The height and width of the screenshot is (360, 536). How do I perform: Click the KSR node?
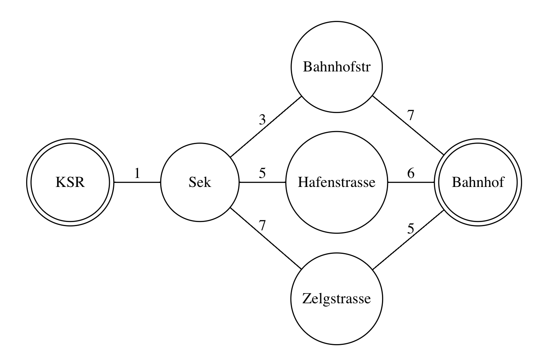click(70, 182)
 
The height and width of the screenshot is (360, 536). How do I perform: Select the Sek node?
click(200, 182)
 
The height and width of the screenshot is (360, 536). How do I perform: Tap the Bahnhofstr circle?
click(337, 67)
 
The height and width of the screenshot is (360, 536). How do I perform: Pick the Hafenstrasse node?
click(337, 182)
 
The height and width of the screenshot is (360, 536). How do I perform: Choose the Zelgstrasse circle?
click(337, 299)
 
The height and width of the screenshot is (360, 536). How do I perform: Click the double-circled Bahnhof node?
click(478, 182)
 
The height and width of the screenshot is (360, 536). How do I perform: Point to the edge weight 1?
click(137, 173)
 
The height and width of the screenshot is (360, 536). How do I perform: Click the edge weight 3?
click(262, 120)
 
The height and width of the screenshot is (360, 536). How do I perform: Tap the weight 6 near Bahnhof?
click(411, 173)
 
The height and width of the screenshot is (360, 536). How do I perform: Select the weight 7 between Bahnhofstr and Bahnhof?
click(411, 116)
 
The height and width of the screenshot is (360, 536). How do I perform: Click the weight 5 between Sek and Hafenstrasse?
click(262, 173)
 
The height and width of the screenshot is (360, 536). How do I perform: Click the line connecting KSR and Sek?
click(137, 182)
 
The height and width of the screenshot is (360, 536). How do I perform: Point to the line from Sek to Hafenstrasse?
click(262, 182)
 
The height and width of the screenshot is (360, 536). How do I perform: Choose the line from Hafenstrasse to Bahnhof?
click(411, 182)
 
